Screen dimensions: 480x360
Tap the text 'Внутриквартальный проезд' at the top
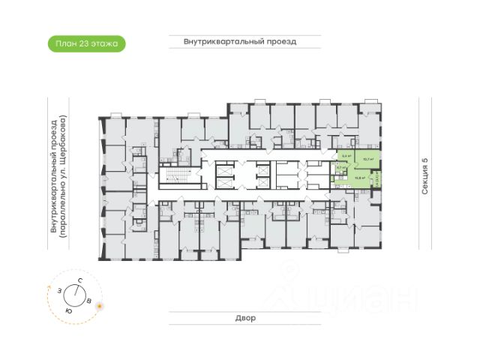coord(240,42)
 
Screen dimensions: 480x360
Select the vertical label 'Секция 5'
coord(424,178)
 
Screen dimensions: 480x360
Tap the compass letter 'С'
coord(79,280)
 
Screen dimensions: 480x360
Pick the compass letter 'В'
coord(90,301)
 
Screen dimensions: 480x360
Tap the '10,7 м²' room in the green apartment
coord(367,159)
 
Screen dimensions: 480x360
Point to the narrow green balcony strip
coord(376,180)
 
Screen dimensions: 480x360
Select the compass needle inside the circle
coord(76,294)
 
